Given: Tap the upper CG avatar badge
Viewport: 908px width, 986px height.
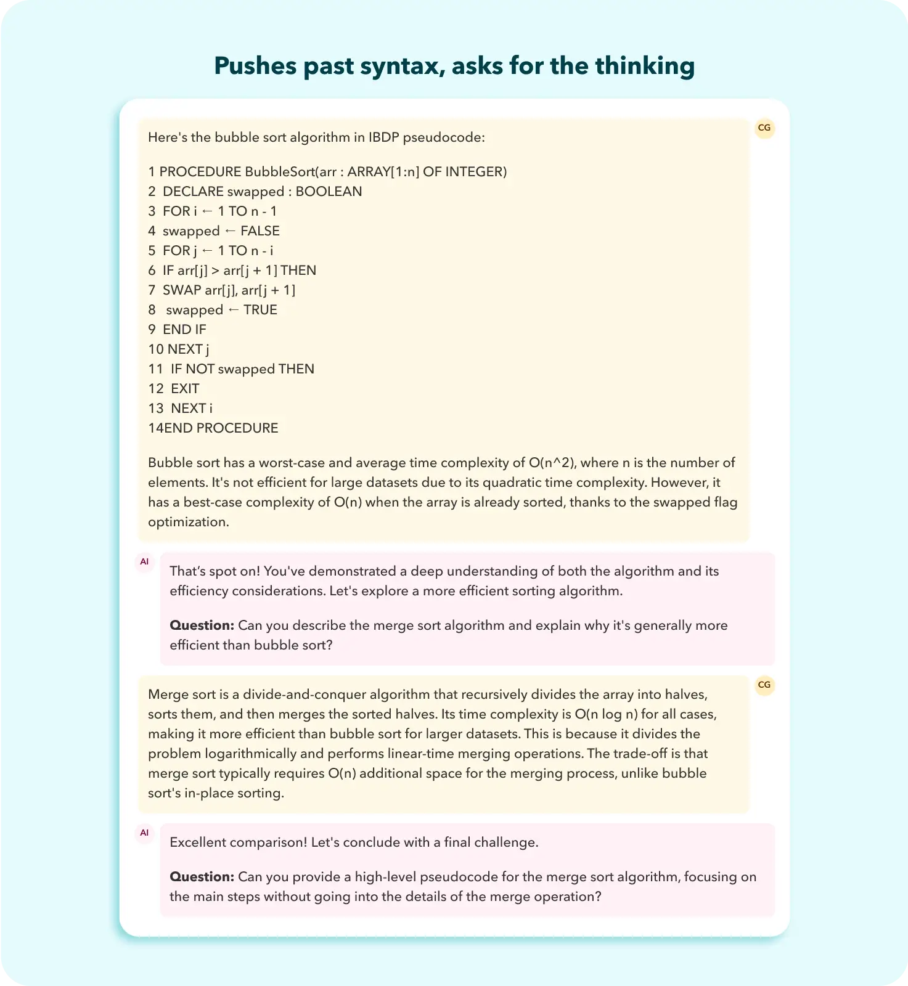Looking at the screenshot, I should [764, 128].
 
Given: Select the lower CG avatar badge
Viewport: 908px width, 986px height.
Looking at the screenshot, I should [764, 685].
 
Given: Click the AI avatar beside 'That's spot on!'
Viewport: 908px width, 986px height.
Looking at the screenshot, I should [144, 562].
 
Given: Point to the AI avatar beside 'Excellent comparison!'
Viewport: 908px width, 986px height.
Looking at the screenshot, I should [144, 833].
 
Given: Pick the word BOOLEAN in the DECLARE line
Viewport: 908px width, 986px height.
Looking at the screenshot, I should [329, 192].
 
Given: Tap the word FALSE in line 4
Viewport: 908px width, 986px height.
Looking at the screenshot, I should [260, 231].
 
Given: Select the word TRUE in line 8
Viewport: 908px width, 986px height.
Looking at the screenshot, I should [260, 310].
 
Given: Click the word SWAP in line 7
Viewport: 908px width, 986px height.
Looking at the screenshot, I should [182, 290].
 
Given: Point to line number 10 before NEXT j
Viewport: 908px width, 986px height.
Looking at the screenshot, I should [156, 349].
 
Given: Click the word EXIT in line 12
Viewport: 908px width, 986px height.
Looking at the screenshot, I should [185, 389].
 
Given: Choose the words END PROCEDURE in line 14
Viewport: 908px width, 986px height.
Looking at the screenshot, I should [221, 428].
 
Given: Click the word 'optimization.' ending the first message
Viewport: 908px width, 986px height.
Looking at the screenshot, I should [188, 522].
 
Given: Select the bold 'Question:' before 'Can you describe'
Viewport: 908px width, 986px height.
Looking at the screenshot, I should [202, 625].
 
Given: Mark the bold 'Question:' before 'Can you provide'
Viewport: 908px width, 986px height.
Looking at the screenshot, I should [202, 877].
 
